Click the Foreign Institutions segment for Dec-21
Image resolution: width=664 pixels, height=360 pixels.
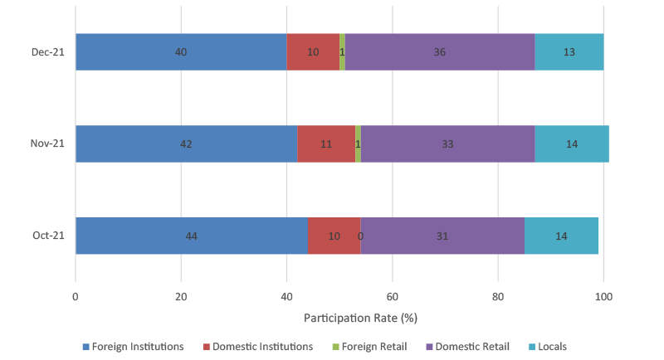click(181, 52)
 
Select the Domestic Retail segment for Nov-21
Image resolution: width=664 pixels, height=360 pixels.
click(447, 144)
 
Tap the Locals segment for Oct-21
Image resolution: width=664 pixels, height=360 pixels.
click(561, 236)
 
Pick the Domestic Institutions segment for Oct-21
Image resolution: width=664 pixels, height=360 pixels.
click(334, 236)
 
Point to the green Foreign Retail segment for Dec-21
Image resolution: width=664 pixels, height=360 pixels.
click(342, 52)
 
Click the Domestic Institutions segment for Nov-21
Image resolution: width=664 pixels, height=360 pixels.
click(325, 144)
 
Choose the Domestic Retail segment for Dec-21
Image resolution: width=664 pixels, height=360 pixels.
click(440, 52)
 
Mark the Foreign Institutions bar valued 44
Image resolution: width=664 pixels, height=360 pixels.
click(192, 236)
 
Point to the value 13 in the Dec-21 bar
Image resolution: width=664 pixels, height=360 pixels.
click(569, 52)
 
